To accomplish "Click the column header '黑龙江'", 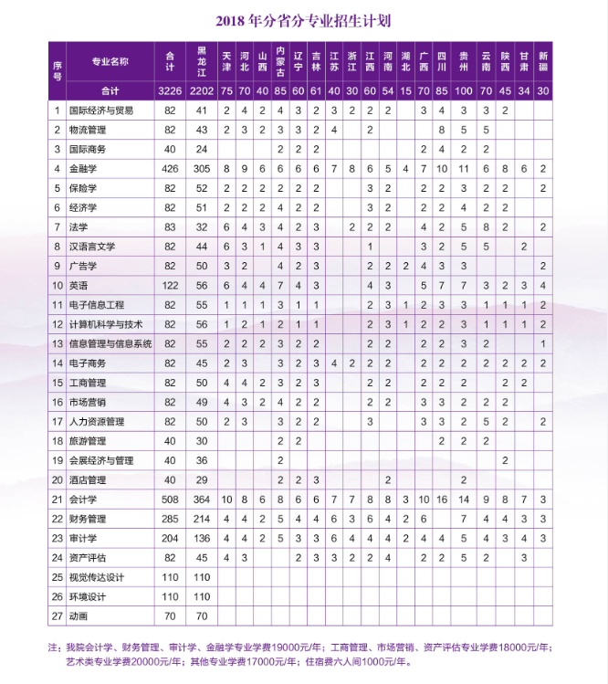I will click(202, 60).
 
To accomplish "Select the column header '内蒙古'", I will click(280, 60).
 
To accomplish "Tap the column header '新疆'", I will click(543, 60).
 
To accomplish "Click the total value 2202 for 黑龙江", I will click(202, 90).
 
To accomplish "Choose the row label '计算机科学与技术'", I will click(106, 324).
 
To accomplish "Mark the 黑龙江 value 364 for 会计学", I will click(202, 500).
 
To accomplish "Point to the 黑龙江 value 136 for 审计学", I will click(202, 538).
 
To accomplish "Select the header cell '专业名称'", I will click(110, 61).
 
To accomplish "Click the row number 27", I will click(57, 616).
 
